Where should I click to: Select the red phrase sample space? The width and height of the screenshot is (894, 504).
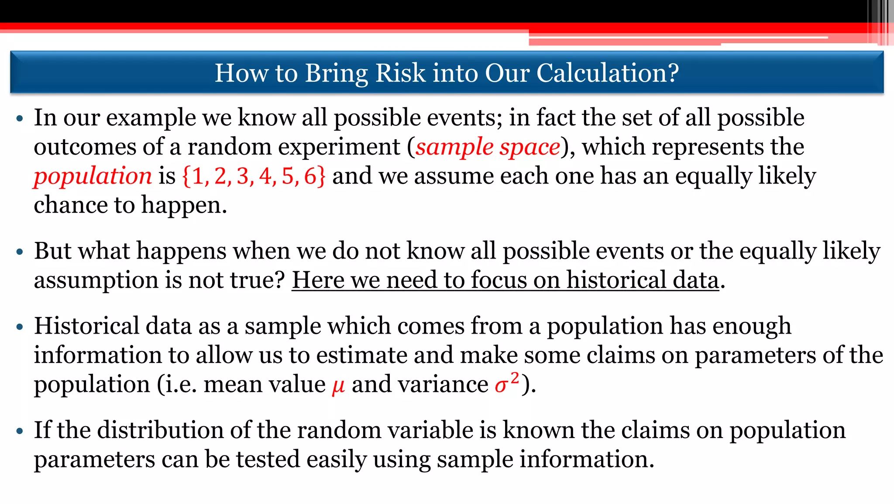(x=488, y=147)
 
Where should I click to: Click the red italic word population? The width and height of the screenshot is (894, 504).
(x=93, y=176)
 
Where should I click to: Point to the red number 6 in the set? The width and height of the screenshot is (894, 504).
(x=310, y=176)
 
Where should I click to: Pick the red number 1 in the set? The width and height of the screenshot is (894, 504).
(x=197, y=176)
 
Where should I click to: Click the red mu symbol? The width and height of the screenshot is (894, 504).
(x=338, y=386)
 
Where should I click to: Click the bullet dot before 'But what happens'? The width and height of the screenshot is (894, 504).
(x=19, y=252)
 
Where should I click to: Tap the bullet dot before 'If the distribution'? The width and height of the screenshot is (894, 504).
(x=19, y=432)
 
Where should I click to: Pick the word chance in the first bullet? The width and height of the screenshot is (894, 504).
(x=71, y=205)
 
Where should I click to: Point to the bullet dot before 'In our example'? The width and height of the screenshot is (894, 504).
(x=19, y=119)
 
